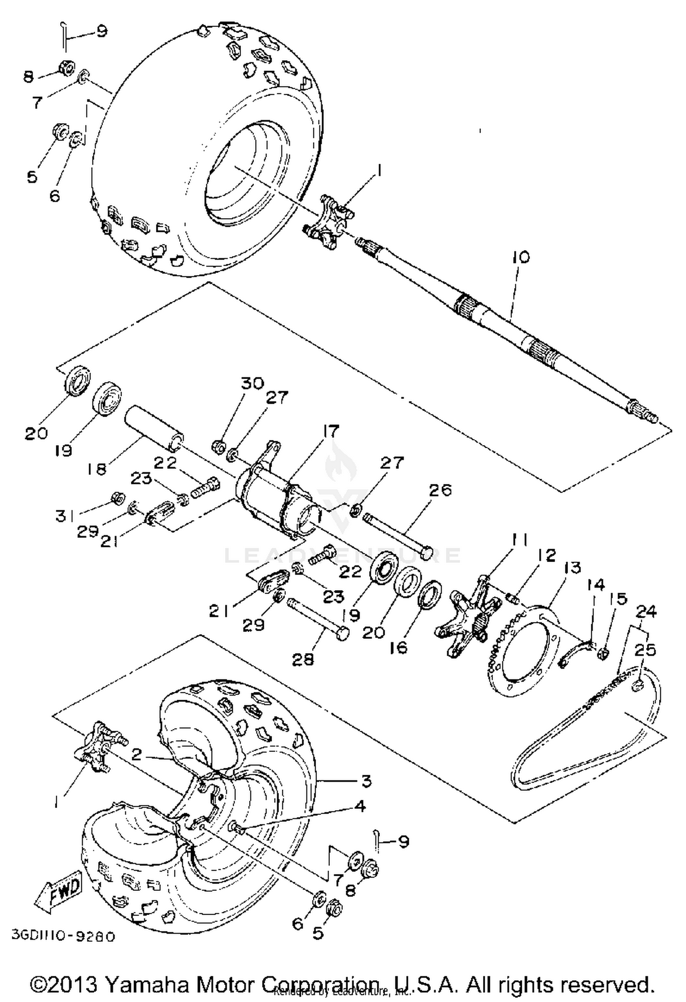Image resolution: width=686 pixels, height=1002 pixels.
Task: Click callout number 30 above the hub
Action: coord(253,383)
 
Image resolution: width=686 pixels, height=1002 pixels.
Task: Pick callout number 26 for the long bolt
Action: coord(440,490)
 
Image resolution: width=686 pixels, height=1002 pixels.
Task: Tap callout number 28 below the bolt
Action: coord(303,659)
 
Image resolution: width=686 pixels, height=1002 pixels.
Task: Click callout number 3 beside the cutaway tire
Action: coord(366,781)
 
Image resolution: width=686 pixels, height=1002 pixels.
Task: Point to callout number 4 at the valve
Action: coord(360,806)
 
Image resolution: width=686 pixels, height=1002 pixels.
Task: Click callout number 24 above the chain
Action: coord(646,611)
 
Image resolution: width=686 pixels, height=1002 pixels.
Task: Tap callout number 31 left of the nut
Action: coord(64,516)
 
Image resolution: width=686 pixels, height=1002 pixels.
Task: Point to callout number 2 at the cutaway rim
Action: coord(136,754)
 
